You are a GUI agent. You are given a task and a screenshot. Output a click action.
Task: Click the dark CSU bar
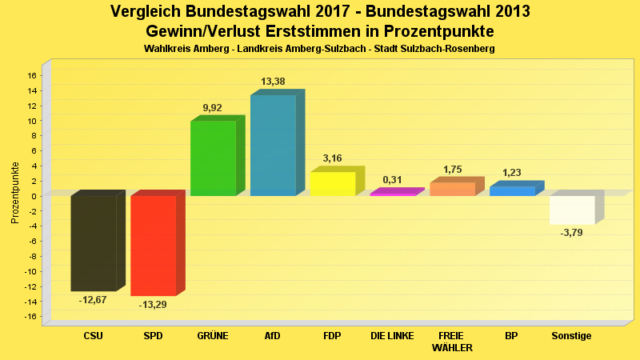point(94,243)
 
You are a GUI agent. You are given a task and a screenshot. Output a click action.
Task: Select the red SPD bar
point(153,246)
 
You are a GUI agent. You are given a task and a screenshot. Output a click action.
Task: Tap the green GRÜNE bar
point(213,158)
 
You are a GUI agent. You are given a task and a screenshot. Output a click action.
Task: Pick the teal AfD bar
point(273,146)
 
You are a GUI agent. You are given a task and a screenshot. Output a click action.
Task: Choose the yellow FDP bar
point(332,183)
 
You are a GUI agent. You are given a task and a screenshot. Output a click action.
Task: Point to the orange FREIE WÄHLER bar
point(452,189)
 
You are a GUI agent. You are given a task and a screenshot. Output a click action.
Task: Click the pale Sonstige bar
point(571,210)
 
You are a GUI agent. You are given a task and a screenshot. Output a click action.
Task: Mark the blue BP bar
point(512,190)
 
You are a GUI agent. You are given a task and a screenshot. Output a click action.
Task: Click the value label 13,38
point(273,82)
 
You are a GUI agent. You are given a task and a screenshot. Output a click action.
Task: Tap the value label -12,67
point(93,300)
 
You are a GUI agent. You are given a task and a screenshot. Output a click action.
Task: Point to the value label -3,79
point(571,233)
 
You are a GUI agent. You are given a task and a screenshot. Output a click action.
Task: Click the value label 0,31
point(392,180)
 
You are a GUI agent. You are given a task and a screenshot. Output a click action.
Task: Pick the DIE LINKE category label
point(392,336)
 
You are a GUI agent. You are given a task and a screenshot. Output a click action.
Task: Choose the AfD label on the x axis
point(273,336)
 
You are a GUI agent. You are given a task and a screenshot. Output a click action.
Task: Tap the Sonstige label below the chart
point(571,336)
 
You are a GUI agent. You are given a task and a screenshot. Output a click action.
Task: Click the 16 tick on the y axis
point(32,76)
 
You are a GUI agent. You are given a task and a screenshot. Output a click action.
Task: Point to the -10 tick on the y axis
point(30,271)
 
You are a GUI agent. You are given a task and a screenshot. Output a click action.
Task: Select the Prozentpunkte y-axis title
point(14,193)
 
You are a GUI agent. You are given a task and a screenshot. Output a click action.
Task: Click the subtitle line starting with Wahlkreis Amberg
point(319,49)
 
